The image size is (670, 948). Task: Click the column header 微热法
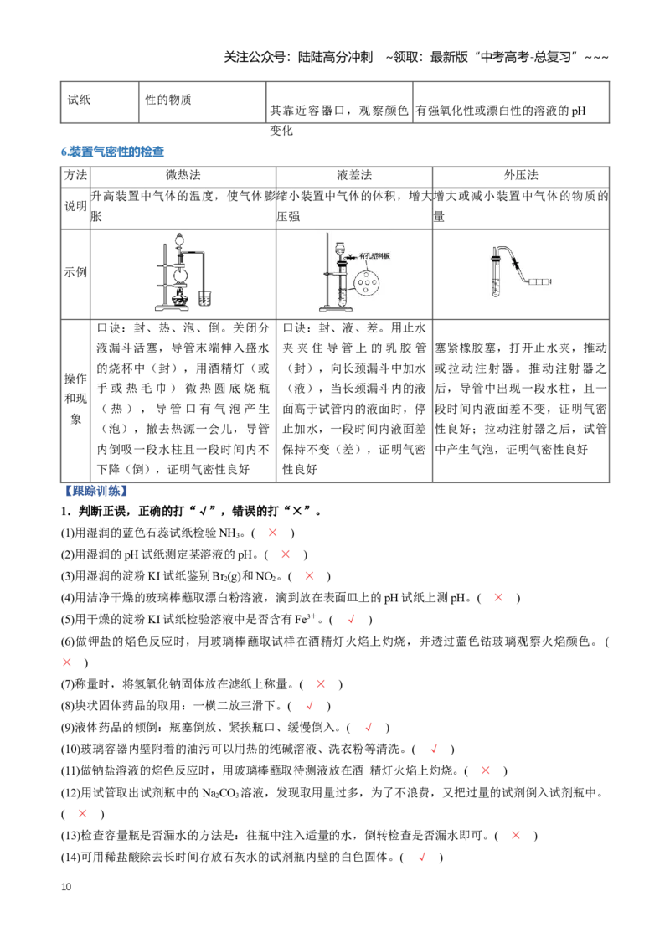[183, 175]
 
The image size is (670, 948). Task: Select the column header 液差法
[354, 175]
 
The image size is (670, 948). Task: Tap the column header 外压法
[521, 175]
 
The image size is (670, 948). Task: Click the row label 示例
[75, 272]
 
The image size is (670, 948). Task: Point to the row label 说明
[75, 206]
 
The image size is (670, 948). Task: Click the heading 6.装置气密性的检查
[112, 152]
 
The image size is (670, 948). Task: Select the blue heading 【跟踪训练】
[95, 490]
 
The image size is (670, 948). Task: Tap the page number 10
[66, 886]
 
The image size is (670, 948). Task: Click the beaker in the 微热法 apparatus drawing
[204, 297]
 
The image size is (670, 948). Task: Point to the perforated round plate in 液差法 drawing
[366, 281]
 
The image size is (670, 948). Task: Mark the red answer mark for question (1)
[273, 533]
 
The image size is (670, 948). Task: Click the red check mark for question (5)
[351, 619]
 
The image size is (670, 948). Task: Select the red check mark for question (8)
[310, 706]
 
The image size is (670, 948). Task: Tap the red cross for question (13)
[516, 835]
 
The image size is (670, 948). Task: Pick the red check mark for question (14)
[422, 857]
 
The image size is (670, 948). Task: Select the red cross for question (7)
[321, 684]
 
